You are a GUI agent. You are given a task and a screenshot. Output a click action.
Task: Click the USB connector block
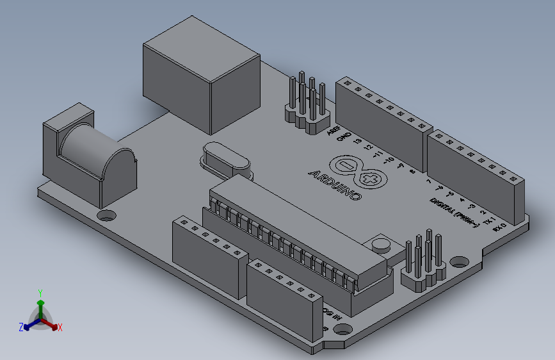200,77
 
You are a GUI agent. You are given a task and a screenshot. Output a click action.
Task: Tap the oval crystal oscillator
223,160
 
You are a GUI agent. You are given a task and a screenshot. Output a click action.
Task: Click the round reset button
382,243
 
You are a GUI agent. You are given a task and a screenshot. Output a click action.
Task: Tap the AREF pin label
333,131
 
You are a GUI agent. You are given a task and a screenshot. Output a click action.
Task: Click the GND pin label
345,137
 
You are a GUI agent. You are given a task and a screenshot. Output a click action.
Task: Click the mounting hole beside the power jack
107,215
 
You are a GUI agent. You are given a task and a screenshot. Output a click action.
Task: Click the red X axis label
60,327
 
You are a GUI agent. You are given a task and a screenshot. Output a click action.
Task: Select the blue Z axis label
21,327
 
